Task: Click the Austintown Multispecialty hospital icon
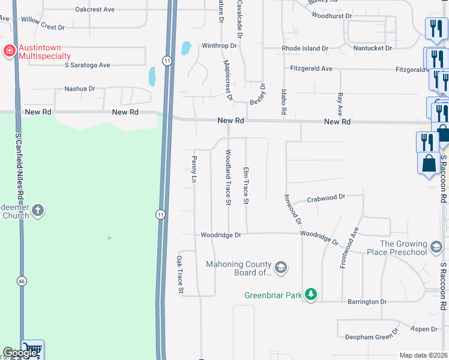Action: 10,50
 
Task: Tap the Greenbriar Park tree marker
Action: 310,294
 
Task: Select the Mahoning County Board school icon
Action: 280,266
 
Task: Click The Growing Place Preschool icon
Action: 436,246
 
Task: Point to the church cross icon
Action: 38,210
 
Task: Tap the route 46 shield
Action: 22,280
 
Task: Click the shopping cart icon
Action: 32,349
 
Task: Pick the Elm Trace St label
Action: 246,185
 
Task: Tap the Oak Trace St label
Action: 179,274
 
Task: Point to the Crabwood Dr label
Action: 326,197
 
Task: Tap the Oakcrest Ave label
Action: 95,10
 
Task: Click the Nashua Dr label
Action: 79,89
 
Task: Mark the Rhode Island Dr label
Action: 306,48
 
